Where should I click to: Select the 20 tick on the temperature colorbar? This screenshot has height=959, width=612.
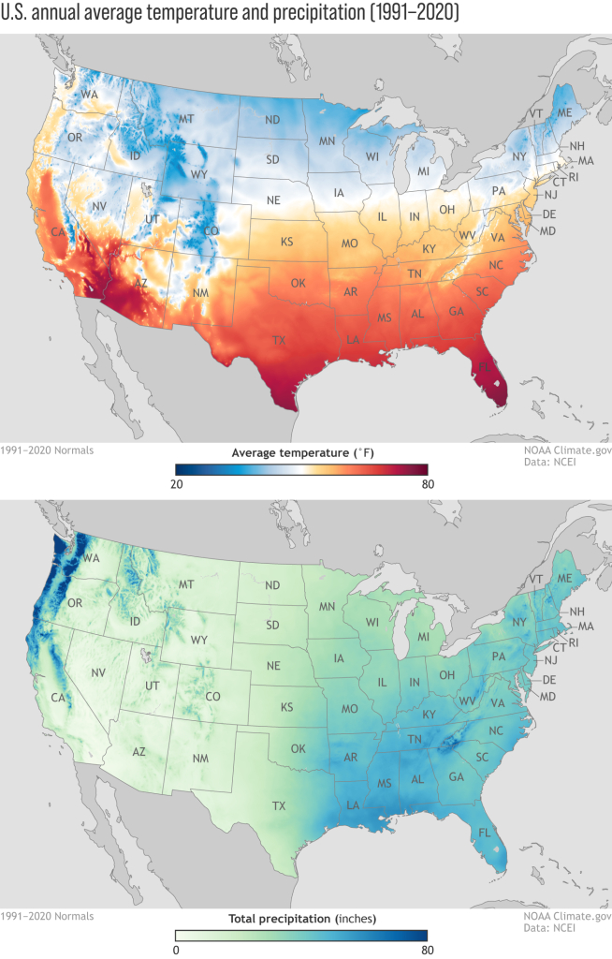pos(176,484)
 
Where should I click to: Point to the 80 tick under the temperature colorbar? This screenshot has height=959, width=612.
pos(428,484)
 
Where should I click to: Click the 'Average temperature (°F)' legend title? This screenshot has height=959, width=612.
pos(301,452)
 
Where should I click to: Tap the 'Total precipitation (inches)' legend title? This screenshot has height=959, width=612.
pos(301,918)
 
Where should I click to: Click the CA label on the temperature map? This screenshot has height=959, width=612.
pos(55,231)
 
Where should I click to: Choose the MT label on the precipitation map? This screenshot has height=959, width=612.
pos(185,584)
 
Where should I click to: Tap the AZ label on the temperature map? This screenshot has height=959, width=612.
pos(141,282)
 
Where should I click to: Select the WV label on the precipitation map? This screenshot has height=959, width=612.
pos(465,701)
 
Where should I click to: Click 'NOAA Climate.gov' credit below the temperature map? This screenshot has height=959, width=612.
pos(567,450)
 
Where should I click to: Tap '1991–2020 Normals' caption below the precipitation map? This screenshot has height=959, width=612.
pos(47,915)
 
